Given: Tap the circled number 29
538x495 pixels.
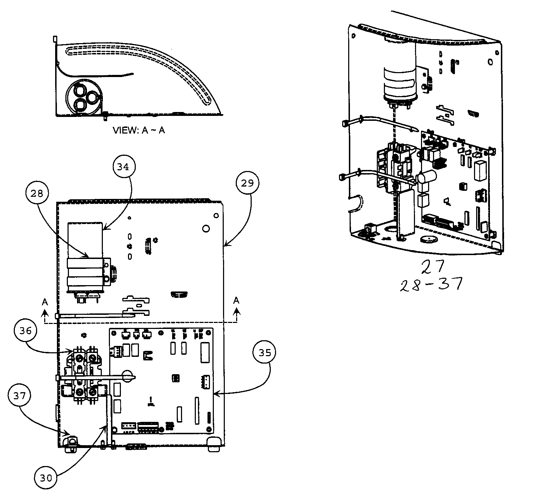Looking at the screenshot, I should click(246, 183).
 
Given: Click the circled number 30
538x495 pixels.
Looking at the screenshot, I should click(46, 478).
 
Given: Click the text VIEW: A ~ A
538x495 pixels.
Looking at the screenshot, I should click(139, 130).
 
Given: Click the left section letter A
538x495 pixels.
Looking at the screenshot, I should click(45, 301).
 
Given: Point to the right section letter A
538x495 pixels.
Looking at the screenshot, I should click(236, 301).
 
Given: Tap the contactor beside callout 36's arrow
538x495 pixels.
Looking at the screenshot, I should click(85, 375).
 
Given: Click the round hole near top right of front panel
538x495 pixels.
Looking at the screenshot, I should click(205, 229).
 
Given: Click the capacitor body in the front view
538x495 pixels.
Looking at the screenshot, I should click(86, 261).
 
